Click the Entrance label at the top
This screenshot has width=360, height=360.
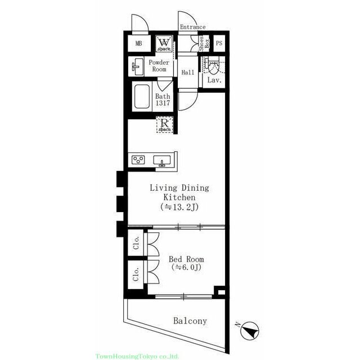coord(192,27)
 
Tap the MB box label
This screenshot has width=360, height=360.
coord(139,43)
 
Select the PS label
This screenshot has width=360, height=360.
coord(219,43)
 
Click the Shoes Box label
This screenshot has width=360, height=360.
coord(204,43)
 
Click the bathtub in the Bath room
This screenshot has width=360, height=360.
coord(142,96)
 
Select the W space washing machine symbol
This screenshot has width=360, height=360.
coord(164,44)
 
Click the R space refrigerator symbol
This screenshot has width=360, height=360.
coord(165,124)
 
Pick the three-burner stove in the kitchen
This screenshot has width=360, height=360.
coord(138,160)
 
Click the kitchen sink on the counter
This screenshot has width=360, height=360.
coord(162,160)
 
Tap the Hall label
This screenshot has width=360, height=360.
coord(188,73)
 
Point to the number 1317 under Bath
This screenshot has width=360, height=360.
coord(163,103)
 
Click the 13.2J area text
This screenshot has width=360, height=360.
coord(179,207)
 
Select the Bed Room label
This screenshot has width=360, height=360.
coord(186,259)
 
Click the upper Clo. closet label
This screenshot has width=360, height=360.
coord(136,242)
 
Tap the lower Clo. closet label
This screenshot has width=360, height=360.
coord(136,274)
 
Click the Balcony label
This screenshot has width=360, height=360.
coord(190,321)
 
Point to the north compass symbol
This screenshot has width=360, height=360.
coord(249,331)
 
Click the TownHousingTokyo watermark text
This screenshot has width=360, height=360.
coord(137,357)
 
